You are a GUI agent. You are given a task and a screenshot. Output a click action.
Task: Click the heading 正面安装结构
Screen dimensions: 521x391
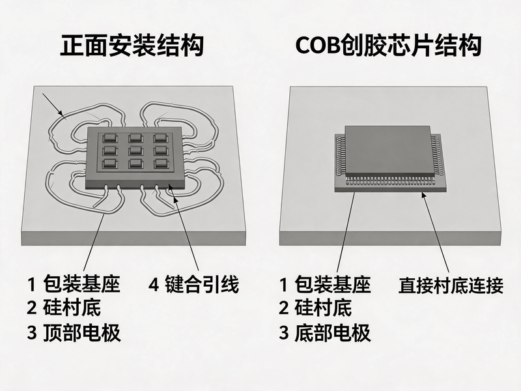(x=132, y=46)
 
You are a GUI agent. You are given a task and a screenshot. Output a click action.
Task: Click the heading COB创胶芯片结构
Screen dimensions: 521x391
(x=388, y=46)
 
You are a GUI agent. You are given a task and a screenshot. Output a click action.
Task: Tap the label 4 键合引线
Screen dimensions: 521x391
(x=193, y=285)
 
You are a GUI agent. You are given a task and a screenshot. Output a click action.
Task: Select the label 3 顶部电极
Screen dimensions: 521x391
(x=74, y=332)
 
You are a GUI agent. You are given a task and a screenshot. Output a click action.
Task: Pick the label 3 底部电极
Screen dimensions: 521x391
(x=324, y=332)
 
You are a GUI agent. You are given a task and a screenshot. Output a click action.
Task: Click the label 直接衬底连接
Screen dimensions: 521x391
(x=451, y=285)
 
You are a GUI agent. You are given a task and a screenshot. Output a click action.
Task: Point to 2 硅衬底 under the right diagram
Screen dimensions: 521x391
(x=315, y=308)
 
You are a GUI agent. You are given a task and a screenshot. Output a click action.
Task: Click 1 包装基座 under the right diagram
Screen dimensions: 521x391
(x=324, y=284)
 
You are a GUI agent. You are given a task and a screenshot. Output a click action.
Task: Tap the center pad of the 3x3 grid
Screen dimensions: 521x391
(x=135, y=150)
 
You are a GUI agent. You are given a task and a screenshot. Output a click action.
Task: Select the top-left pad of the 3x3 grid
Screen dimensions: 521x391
(x=109, y=138)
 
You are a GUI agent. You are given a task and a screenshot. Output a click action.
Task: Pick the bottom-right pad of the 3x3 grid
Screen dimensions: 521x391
(x=161, y=163)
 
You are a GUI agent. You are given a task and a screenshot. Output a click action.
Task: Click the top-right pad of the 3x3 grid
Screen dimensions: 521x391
(x=160, y=138)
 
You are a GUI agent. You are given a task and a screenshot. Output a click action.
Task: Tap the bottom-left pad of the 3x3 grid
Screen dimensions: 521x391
(x=110, y=163)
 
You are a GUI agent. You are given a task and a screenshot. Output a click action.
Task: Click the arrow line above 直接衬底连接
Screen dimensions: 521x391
(x=435, y=233)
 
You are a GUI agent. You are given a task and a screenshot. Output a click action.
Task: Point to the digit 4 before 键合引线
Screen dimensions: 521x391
(x=154, y=285)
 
